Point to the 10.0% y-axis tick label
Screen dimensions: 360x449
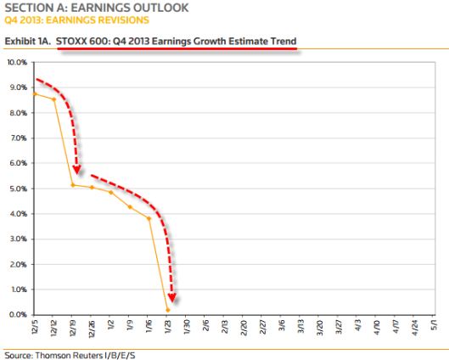click(x=19, y=62)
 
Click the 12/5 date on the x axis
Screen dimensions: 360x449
click(x=35, y=328)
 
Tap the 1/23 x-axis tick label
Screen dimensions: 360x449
click(x=168, y=328)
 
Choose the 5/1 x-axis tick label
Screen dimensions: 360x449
click(x=435, y=328)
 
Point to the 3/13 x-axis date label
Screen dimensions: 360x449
click(x=301, y=328)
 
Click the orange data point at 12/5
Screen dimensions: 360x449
click(x=34, y=93)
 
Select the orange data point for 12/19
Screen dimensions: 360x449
click(x=73, y=185)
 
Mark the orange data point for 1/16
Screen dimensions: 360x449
click(x=149, y=218)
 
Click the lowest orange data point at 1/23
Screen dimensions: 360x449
click(x=168, y=310)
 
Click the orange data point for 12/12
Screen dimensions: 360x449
click(x=53, y=99)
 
